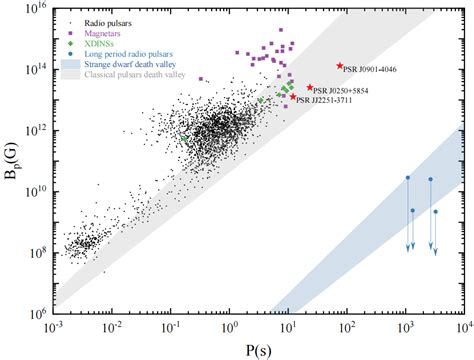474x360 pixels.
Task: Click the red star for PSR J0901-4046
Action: coord(340,65)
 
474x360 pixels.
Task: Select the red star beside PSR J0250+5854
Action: coord(311,88)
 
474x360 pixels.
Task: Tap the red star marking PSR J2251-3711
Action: coord(293,97)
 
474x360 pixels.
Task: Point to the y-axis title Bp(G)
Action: coord(12,160)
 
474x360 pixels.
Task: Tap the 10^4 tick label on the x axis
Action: coord(462,328)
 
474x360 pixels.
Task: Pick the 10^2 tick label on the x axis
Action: coord(346,328)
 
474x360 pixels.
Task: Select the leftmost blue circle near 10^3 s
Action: coord(407,178)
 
